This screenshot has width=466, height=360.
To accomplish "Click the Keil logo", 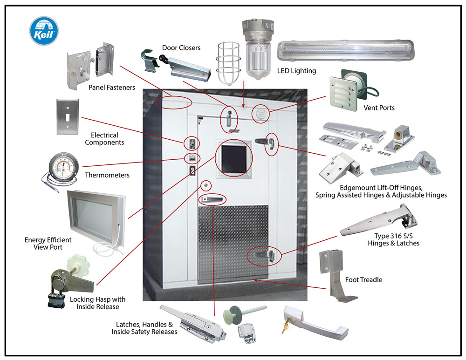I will [44, 31].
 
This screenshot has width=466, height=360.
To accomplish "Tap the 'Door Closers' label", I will [181, 48].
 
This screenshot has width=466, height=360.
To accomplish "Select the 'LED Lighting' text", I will [296, 71].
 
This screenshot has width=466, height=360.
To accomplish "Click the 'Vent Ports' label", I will [379, 108].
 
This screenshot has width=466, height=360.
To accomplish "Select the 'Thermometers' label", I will [107, 176].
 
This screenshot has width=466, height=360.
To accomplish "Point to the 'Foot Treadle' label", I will [363, 280].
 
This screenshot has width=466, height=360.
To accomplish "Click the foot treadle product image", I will [339, 275].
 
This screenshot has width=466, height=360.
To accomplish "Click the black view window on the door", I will [234, 157].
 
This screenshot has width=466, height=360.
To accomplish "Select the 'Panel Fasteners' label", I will [111, 87].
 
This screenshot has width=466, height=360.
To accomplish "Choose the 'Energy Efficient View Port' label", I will [48, 244].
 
